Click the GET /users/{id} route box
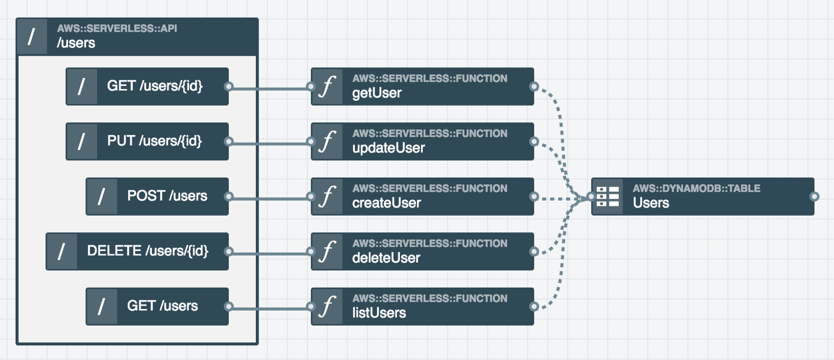[x=147, y=86]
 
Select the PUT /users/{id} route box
[x=147, y=142]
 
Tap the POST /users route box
[x=157, y=196]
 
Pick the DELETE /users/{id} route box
[x=137, y=251]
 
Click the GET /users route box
[x=157, y=306]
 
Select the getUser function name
[x=377, y=93]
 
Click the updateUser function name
[x=388, y=148]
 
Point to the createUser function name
[x=386, y=203]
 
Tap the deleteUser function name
[x=386, y=257]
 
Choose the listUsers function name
[x=379, y=313]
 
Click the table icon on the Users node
[x=608, y=196]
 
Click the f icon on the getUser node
[x=327, y=86]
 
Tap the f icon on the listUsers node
[x=327, y=306]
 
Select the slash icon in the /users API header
[x=32, y=37]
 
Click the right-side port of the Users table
[x=814, y=196]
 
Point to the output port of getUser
[x=534, y=86]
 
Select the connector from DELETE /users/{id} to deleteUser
[x=270, y=254]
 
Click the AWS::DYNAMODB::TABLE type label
[x=696, y=189]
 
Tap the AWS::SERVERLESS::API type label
[x=117, y=28]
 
